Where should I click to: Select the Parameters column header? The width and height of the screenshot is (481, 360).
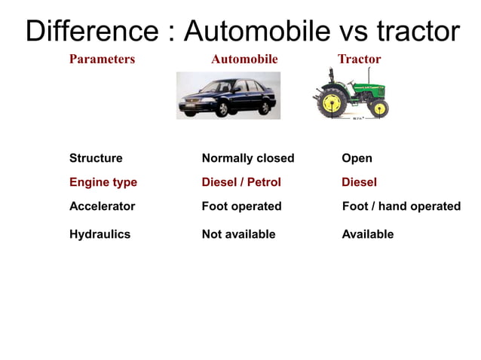click(102, 59)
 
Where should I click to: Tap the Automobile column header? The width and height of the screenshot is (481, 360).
click(244, 59)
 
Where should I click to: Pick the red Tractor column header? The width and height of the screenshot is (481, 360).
click(359, 59)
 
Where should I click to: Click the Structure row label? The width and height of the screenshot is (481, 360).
click(96, 158)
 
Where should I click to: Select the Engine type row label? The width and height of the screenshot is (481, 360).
click(103, 182)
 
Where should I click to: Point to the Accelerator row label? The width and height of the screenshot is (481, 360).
click(102, 206)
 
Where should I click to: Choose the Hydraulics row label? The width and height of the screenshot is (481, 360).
click(100, 234)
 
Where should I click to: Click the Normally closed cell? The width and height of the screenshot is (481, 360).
click(248, 158)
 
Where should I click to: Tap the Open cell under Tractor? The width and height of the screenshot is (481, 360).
click(357, 158)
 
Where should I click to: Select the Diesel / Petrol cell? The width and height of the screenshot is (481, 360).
click(241, 182)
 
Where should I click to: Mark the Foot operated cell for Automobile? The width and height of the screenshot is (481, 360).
click(241, 206)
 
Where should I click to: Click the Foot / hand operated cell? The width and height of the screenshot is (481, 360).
click(401, 206)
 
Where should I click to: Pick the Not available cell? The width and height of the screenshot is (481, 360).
click(238, 234)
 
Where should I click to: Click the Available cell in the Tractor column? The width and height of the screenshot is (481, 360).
click(368, 234)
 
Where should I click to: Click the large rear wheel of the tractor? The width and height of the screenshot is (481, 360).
click(332, 103)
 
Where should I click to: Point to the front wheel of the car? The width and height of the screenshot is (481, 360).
click(222, 109)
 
